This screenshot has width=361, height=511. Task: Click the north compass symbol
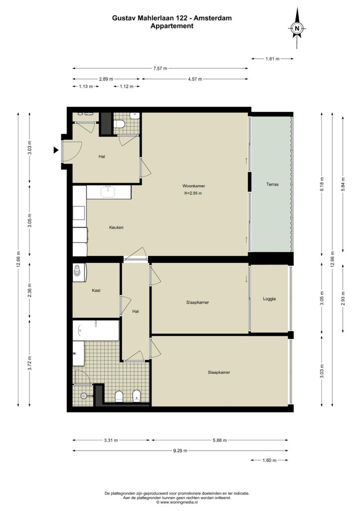pos(297,28)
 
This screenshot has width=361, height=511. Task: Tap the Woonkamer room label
pos(193,186)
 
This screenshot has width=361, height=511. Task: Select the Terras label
pos(272,185)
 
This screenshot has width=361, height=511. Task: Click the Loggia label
pos(270,299)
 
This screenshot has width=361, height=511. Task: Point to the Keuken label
pos(116,228)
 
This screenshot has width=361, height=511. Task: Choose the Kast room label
pos(96,290)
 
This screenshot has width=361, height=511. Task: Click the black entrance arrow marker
pos(56,150)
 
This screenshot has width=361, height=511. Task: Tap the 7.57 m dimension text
pos(160,68)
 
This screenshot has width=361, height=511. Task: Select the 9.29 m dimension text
pos(180,451)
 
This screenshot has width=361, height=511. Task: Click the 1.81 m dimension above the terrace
pos(272,59)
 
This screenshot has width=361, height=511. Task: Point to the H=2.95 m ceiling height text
pos(193,193)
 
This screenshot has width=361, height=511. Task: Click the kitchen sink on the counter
pos(108,192)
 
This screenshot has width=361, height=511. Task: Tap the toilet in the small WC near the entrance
pos(120,124)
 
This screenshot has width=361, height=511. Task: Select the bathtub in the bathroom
pos(96,330)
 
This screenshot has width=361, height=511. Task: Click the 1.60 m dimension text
pos(269,461)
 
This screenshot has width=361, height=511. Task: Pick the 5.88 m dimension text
pos(220,440)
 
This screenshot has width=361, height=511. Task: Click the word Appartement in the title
pos(172,26)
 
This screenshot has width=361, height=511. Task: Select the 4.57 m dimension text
pos(195,79)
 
